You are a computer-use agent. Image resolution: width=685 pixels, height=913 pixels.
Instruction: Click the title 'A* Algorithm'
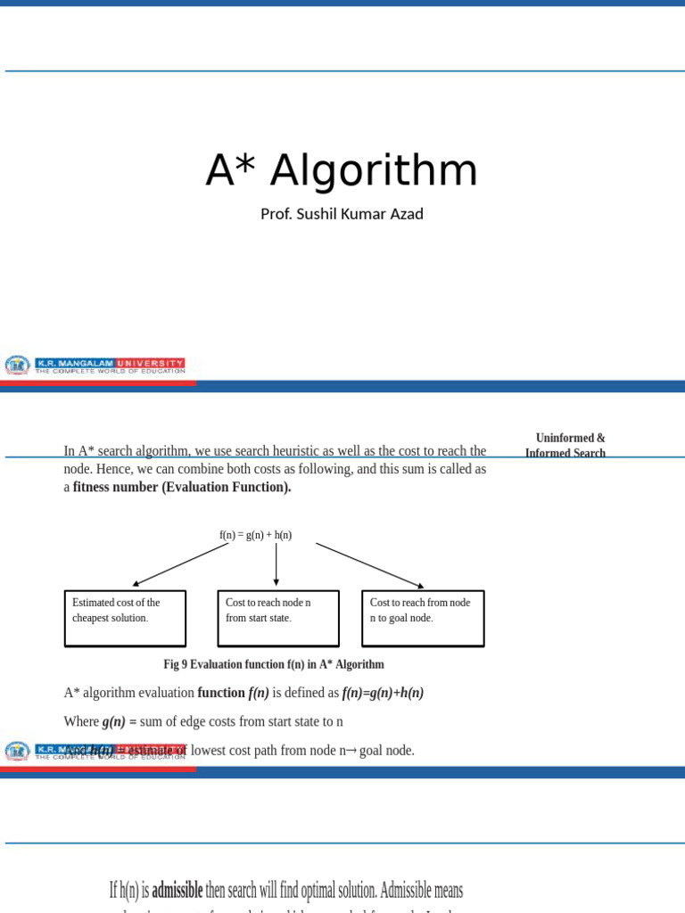click(x=342, y=170)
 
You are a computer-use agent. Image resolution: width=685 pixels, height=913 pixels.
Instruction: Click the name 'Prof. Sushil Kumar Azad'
click(x=342, y=214)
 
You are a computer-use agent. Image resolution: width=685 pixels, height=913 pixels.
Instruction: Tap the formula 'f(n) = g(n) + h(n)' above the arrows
click(x=255, y=535)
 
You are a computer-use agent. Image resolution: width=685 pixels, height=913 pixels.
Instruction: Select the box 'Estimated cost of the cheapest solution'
click(x=125, y=618)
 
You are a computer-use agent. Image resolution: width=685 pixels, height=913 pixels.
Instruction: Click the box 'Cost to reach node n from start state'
click(x=278, y=618)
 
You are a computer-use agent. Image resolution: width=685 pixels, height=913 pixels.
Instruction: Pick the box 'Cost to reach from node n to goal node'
click(x=423, y=618)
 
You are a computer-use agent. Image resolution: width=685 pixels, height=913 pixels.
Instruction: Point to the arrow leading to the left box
click(x=180, y=564)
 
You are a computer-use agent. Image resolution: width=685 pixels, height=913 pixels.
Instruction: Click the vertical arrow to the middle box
click(x=276, y=563)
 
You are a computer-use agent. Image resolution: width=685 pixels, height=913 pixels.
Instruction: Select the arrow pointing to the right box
click(x=369, y=565)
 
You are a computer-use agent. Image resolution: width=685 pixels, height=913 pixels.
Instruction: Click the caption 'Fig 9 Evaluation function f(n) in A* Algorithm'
click(x=274, y=664)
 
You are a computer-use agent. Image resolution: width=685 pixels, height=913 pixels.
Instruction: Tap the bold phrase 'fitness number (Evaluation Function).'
click(x=182, y=488)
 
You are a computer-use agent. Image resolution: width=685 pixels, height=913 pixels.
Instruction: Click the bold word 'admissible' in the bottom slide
click(x=177, y=890)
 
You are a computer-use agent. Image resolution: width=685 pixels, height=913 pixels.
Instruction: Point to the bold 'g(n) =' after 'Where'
click(x=120, y=721)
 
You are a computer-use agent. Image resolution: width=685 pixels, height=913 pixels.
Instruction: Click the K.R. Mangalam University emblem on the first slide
click(x=17, y=365)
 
